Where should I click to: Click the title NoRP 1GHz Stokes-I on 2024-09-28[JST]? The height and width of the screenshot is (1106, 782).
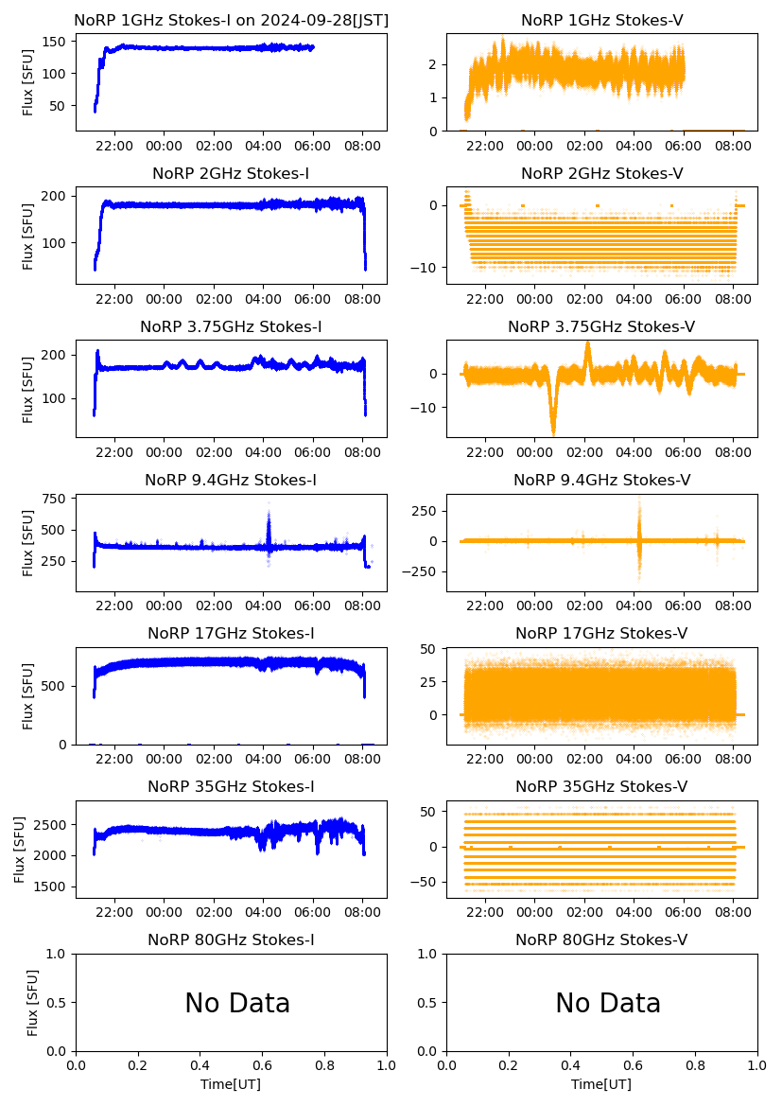[231, 20]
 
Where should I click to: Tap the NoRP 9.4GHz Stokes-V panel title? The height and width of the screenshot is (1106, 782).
[601, 480]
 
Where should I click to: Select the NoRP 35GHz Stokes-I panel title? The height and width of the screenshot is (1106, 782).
[231, 786]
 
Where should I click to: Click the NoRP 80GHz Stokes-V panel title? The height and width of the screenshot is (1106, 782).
[601, 939]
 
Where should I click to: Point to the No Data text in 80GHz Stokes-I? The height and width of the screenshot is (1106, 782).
[237, 1003]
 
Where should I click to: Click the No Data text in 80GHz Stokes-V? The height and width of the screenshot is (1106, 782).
[608, 1003]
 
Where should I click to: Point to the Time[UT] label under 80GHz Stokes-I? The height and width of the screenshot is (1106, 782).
[231, 1084]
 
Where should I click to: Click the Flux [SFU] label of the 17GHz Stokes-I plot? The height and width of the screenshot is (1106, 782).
[28, 695]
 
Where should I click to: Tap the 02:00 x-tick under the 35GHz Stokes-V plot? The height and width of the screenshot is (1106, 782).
[584, 912]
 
